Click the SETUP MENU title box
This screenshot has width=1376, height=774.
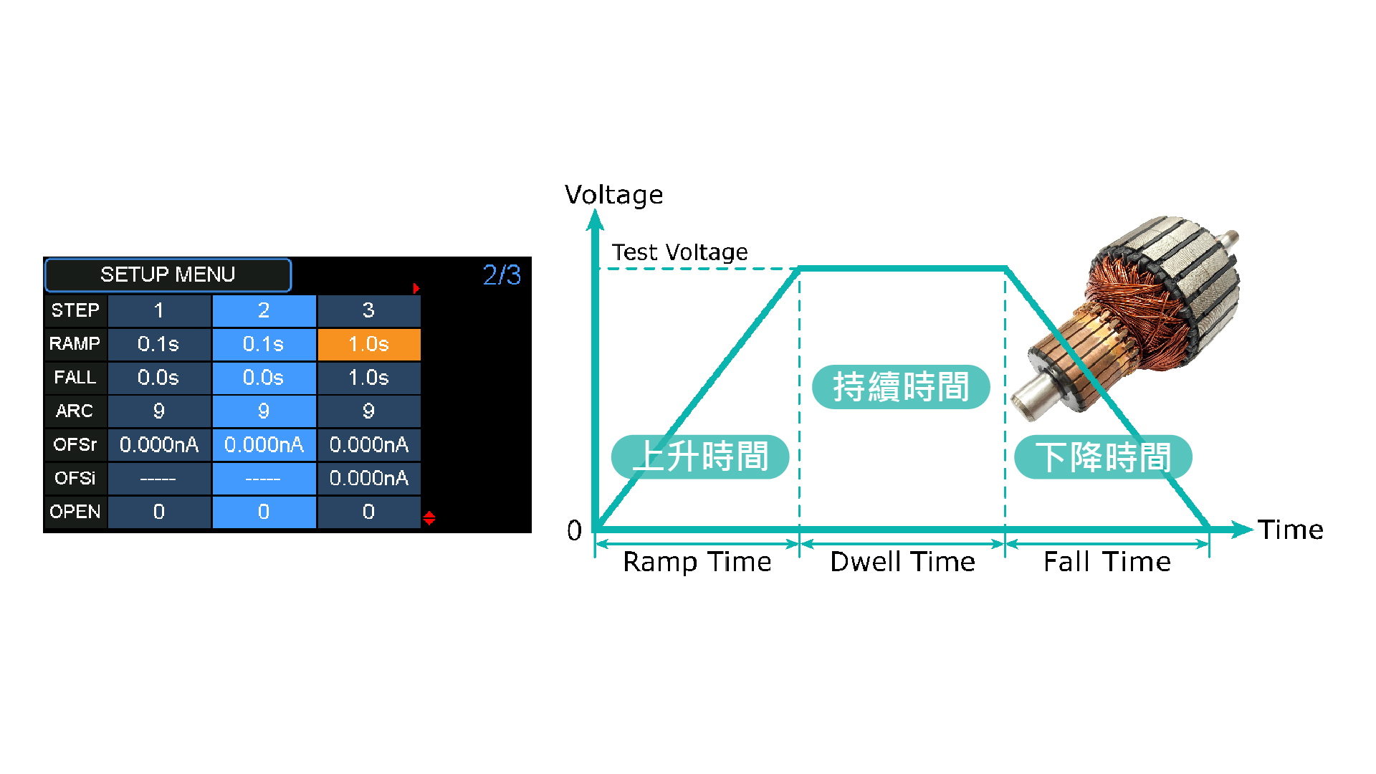coord(168,275)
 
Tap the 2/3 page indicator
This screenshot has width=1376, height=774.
coord(502,275)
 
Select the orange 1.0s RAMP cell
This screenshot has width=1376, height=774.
coord(368,344)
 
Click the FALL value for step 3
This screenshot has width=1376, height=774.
coord(368,378)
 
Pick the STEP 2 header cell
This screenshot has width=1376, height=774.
coord(264,310)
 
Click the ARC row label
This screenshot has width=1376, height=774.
coord(75,411)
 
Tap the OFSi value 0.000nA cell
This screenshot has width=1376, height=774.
coord(368,479)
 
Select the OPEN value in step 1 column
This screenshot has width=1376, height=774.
coord(159,512)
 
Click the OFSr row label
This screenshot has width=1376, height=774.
coord(75,445)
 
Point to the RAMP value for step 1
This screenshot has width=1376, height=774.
coord(159,344)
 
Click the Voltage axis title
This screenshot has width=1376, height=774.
coord(613,196)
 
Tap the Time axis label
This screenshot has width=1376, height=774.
coord(1290,530)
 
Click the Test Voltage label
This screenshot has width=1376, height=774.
coord(679,252)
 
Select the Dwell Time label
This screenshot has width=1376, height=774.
coord(902,562)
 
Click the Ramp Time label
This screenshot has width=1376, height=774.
coord(697,562)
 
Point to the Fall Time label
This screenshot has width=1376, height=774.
coord(1107,562)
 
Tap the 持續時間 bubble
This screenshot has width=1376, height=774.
coord(901,387)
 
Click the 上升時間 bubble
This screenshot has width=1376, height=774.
coord(700,457)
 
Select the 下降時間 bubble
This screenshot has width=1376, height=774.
coord(1103,457)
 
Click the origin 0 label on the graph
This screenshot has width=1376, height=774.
coord(574,531)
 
